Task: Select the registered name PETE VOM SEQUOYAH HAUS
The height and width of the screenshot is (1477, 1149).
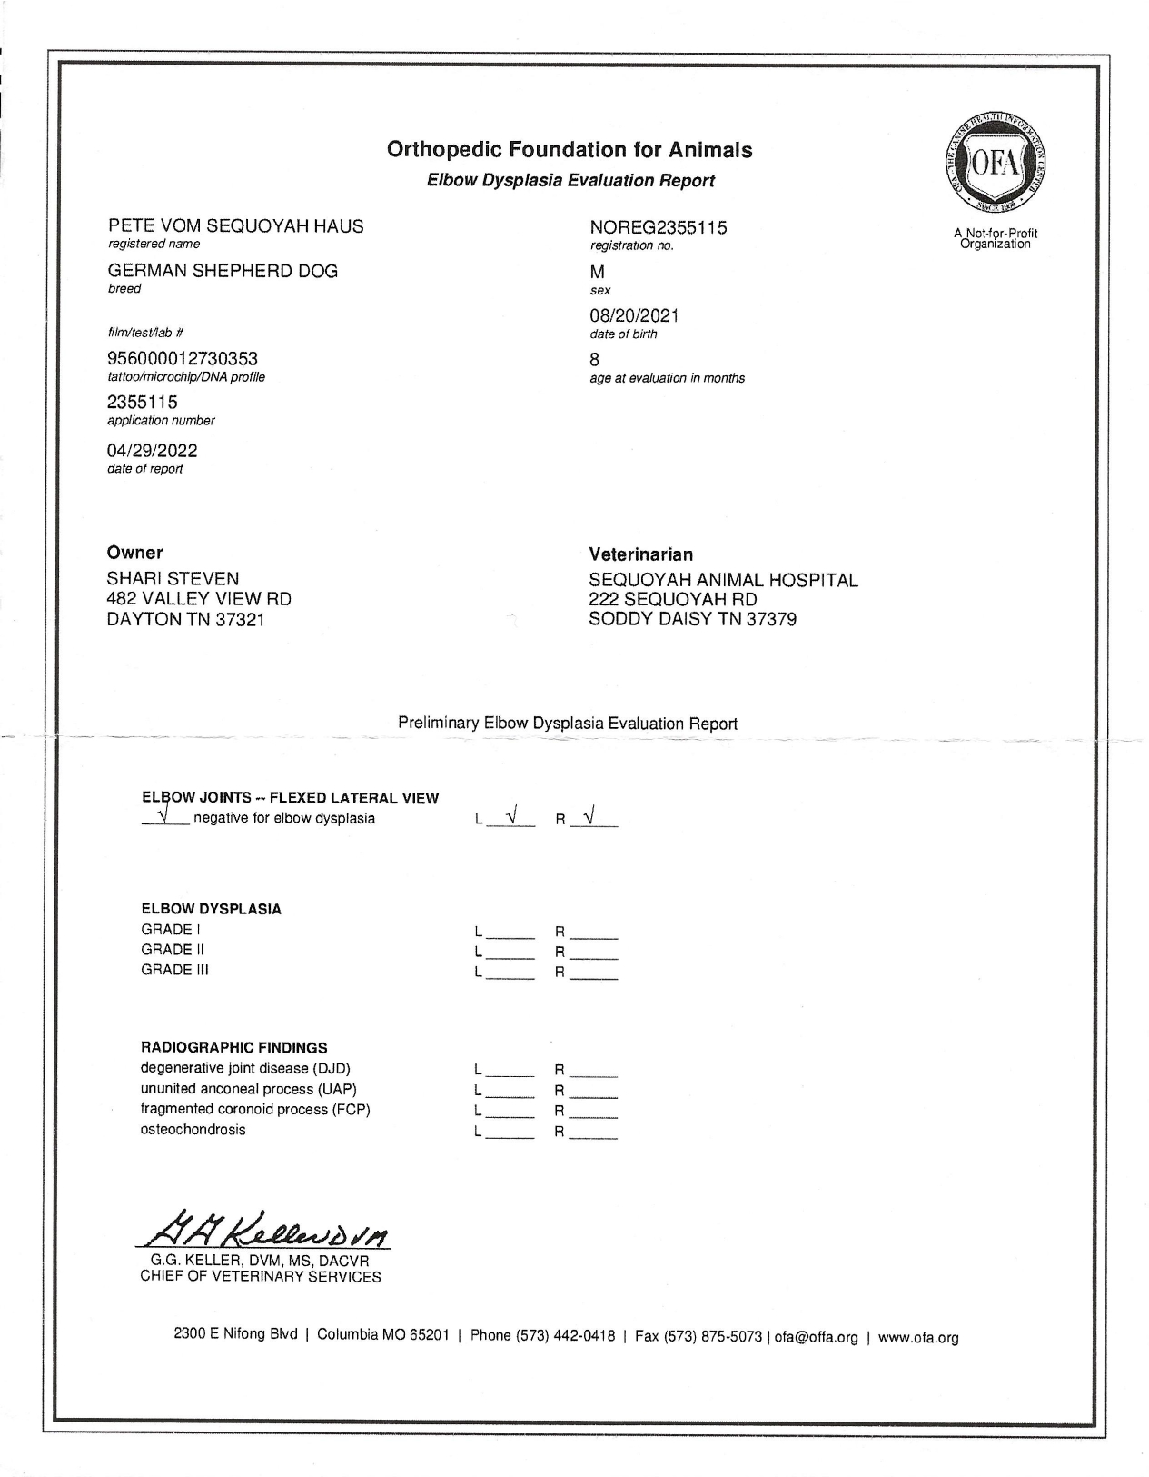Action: click(235, 226)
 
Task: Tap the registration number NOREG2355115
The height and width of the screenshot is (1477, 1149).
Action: click(659, 227)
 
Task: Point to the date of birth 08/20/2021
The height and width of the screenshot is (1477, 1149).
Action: click(634, 315)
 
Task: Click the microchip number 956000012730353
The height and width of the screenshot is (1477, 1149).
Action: click(183, 359)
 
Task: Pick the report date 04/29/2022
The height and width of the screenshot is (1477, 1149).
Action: click(152, 451)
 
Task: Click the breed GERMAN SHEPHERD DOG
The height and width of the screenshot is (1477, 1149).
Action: click(223, 271)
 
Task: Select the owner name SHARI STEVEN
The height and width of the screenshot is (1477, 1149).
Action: click(173, 578)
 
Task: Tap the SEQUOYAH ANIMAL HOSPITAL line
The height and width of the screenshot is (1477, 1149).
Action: click(723, 580)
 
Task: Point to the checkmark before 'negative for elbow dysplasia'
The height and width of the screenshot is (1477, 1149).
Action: click(164, 813)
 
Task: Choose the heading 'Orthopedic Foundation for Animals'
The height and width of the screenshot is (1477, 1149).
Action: click(570, 150)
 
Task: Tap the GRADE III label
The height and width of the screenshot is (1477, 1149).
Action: click(174, 970)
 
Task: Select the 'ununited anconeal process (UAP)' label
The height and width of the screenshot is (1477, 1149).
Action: click(248, 1089)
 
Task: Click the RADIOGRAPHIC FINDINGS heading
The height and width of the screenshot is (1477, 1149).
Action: click(233, 1047)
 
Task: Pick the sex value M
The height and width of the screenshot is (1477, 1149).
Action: click(597, 272)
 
